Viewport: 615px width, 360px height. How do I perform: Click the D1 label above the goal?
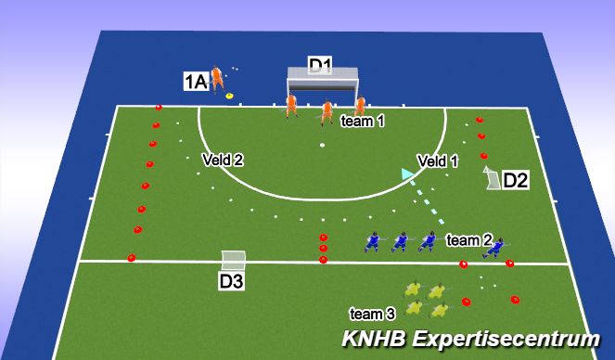[x=320, y=65]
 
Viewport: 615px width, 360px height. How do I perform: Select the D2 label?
[x=516, y=181]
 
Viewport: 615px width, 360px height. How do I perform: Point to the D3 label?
[x=232, y=281]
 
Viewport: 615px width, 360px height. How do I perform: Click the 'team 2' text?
[x=468, y=240]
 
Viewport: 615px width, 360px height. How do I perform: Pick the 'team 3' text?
[x=372, y=313]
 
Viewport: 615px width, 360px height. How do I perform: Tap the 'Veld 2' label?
[x=223, y=160]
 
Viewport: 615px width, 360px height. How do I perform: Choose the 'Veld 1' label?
[x=438, y=161]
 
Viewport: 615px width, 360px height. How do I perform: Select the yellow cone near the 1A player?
[x=228, y=94]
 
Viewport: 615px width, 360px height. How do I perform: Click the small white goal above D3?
[x=234, y=261]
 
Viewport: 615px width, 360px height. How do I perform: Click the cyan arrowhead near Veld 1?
[x=405, y=173]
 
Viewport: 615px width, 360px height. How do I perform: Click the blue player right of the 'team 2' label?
[x=498, y=246]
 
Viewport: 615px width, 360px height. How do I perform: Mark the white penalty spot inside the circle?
[x=322, y=146]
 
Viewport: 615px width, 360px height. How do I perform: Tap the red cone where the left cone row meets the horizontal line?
[x=131, y=259]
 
